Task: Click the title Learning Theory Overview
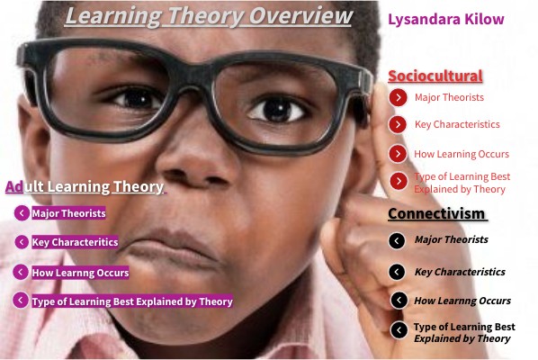tap(210, 17)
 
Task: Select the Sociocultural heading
tap(435, 76)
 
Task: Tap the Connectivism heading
tap(436, 213)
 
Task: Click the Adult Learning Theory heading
tap(85, 187)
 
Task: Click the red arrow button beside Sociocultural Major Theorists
tap(399, 97)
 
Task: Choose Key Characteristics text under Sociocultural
tap(456, 124)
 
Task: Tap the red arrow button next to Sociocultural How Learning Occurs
tap(399, 154)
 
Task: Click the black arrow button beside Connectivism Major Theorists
tap(397, 240)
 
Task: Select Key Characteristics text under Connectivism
tap(460, 272)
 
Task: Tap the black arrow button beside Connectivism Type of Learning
tap(399, 330)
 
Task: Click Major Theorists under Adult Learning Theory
tap(68, 213)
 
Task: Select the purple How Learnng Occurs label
tap(80, 272)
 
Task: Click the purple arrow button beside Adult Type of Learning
tap(21, 301)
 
